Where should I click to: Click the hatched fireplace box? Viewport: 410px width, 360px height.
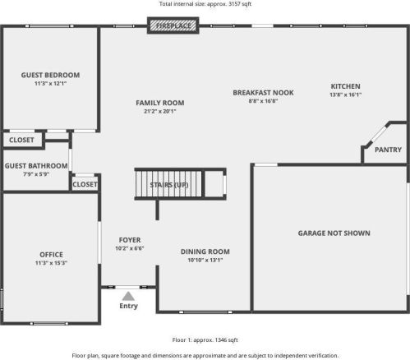click(x=173, y=25)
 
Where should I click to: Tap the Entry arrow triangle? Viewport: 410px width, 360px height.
click(x=128, y=296)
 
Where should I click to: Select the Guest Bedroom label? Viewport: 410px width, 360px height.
click(x=50, y=75)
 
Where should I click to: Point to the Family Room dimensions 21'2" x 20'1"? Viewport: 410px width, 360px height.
click(x=160, y=111)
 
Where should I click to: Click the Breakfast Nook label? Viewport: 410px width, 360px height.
click(x=263, y=93)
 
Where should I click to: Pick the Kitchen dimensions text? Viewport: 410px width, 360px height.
click(x=346, y=95)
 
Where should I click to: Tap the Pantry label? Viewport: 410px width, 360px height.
click(x=388, y=150)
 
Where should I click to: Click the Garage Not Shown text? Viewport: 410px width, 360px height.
click(x=334, y=233)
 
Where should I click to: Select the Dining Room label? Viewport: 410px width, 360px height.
click(x=205, y=252)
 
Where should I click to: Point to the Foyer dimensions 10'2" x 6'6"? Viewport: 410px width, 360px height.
click(x=130, y=248)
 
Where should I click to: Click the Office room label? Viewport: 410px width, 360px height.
click(x=51, y=255)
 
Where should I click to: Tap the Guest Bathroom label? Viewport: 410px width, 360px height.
click(x=36, y=166)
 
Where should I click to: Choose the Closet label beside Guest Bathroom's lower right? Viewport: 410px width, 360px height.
click(x=85, y=184)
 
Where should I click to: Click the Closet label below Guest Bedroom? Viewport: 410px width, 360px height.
click(x=21, y=140)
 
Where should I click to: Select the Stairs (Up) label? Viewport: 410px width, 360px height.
click(x=169, y=185)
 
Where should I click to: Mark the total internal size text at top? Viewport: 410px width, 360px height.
click(x=205, y=4)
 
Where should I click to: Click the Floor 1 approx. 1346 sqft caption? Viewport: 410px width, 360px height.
click(x=205, y=340)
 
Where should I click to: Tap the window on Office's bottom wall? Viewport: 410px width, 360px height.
click(x=49, y=324)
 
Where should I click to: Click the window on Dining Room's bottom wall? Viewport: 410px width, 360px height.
click(x=205, y=312)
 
